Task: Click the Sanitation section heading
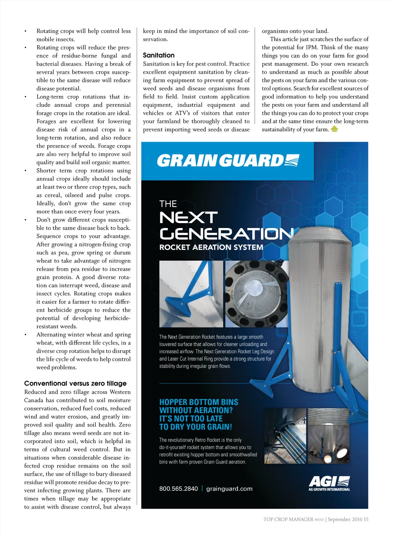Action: [159, 55]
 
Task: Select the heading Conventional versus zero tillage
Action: [75, 383]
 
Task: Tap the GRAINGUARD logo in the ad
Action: [228, 160]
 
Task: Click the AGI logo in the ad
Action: [329, 483]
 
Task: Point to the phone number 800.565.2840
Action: [178, 489]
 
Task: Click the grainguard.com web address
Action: [230, 489]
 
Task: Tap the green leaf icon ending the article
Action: [334, 129]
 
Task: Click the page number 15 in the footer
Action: [366, 519]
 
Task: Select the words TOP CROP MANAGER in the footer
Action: [288, 519]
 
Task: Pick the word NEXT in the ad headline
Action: [188, 218]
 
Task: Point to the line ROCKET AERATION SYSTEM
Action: [211, 247]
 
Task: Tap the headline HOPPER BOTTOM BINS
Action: [199, 402]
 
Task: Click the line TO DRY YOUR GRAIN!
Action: [196, 427]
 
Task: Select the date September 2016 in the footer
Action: [345, 519]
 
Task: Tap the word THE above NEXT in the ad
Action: [168, 203]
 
